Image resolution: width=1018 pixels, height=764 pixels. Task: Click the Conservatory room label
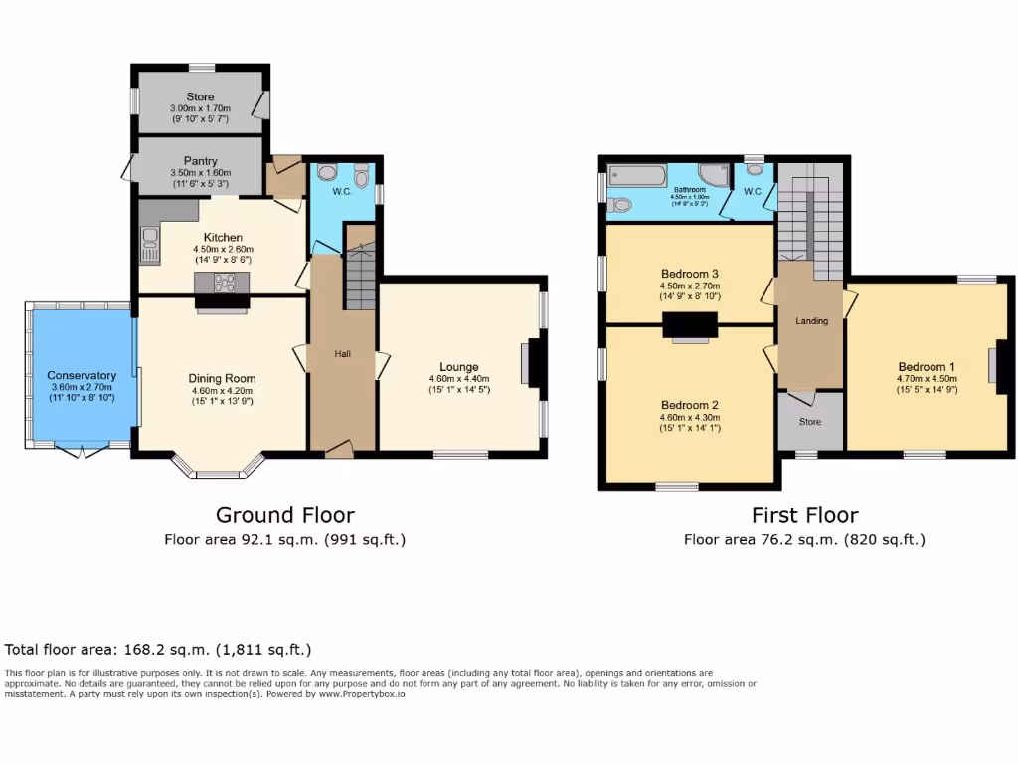click(82, 375)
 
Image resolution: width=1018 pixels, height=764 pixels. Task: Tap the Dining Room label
click(222, 378)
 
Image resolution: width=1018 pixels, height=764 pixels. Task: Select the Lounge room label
click(459, 367)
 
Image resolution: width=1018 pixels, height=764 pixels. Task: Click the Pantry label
click(200, 161)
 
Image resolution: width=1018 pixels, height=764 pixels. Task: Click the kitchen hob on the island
click(224, 282)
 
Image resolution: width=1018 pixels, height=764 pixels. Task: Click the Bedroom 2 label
click(688, 405)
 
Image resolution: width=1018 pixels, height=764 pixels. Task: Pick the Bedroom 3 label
click(688, 274)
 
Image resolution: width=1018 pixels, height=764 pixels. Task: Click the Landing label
click(811, 321)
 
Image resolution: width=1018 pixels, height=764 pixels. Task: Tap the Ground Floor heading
click(284, 515)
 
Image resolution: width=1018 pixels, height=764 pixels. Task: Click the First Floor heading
click(804, 515)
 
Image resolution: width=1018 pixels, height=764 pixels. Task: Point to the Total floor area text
click(158, 650)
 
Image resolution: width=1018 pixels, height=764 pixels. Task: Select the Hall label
click(342, 354)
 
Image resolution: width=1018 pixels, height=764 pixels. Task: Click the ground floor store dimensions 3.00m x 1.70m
click(200, 108)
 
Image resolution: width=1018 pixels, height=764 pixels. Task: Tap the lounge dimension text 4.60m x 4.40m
click(459, 378)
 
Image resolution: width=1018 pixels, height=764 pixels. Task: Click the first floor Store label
click(811, 422)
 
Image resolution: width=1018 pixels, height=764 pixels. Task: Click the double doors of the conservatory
click(83, 450)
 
